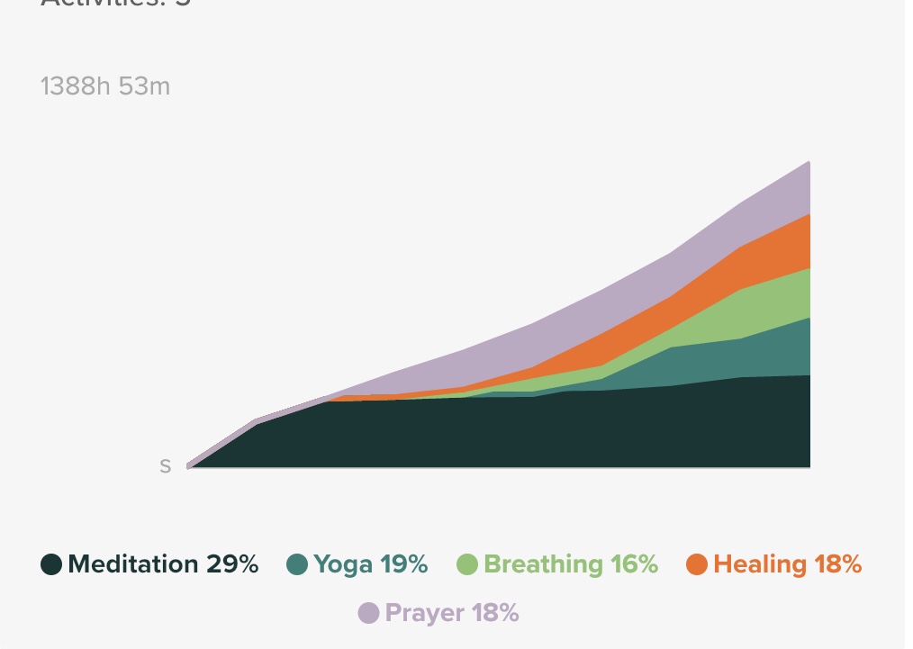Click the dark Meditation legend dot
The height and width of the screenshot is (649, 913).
tap(51, 564)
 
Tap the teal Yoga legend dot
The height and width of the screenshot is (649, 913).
tap(297, 564)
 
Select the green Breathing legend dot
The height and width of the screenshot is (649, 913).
tap(467, 564)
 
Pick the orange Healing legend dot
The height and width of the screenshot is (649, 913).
tap(696, 564)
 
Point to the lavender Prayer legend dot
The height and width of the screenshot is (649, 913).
tap(368, 613)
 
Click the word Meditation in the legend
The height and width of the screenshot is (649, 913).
tap(132, 564)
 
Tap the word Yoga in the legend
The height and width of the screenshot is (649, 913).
tap(342, 564)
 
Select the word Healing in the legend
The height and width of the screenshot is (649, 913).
tap(759, 564)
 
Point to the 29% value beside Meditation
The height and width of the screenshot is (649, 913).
tap(231, 564)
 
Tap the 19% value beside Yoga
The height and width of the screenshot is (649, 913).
tap(403, 564)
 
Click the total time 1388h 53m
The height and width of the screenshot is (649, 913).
tap(105, 86)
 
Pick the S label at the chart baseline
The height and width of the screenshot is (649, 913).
tap(165, 466)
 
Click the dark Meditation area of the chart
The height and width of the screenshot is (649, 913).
tap(540, 432)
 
